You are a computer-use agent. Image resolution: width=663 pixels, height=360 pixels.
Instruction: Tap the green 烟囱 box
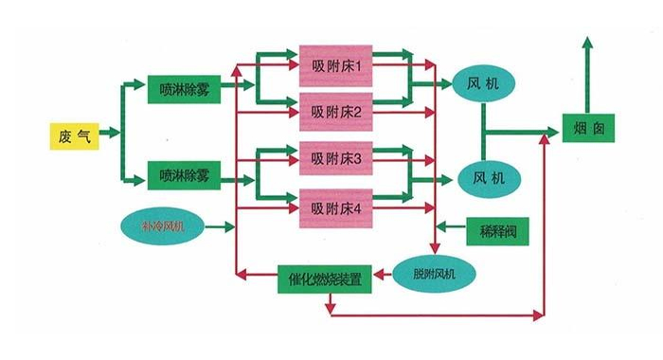pyautogui.click(x=589, y=132)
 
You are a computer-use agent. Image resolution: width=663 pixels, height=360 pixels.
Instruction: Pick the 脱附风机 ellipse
pyautogui.click(x=434, y=274)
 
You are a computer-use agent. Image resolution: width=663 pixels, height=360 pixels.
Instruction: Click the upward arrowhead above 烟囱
pyautogui.click(x=588, y=45)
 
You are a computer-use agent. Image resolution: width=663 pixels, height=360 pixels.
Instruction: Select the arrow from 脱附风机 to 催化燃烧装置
pyautogui.click(x=382, y=276)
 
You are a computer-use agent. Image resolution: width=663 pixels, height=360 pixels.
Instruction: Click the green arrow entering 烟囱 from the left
pyautogui.click(x=549, y=133)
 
